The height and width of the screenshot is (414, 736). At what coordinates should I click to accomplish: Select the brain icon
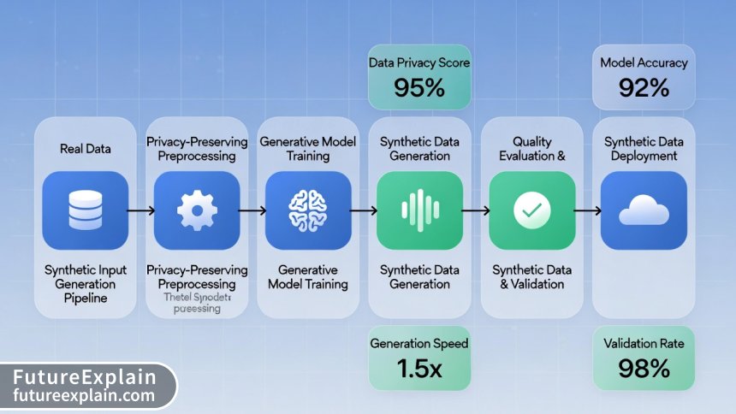(x=306, y=209)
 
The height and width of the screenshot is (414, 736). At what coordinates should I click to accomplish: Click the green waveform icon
(x=419, y=209)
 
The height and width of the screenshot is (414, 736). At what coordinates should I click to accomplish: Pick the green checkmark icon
(x=531, y=209)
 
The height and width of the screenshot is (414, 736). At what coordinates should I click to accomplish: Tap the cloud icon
(x=644, y=209)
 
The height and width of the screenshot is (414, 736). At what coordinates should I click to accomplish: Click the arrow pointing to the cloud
(x=586, y=209)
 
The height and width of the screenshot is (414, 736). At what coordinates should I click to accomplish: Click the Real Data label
(x=86, y=149)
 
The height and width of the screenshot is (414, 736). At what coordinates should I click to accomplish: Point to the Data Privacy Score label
(x=419, y=62)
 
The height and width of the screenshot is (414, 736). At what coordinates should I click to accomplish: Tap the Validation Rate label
(x=644, y=344)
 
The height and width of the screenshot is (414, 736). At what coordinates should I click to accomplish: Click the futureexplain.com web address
(x=85, y=396)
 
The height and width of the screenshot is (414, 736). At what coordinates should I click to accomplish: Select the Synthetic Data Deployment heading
(x=644, y=149)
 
